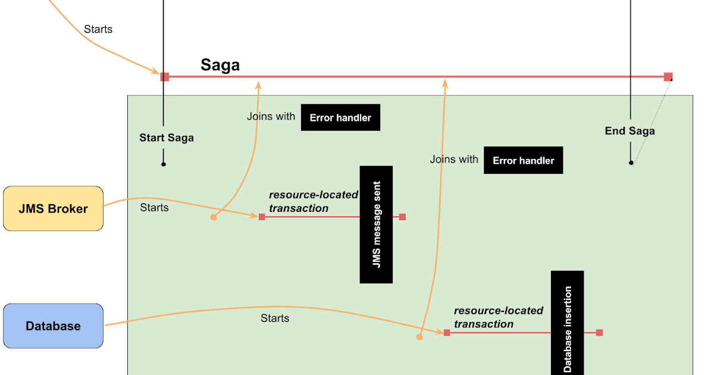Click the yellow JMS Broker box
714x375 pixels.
(53, 208)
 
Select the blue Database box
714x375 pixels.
(53, 326)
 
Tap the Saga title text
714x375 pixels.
(220, 65)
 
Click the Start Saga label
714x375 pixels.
(167, 137)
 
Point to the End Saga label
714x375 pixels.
(630, 131)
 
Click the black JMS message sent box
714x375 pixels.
(376, 224)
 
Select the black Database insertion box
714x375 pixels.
(567, 322)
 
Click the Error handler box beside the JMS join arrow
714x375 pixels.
(340, 118)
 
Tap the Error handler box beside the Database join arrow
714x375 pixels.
(523, 160)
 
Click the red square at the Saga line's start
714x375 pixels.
(165, 77)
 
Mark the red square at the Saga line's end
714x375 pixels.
(668, 77)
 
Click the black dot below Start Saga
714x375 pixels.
(164, 164)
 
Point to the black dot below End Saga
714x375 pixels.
(631, 162)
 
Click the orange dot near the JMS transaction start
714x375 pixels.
(214, 218)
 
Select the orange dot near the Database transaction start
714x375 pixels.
(419, 337)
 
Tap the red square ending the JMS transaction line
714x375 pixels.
(403, 217)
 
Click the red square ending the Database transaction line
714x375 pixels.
(599, 333)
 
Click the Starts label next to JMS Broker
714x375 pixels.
(154, 208)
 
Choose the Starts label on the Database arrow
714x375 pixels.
(275, 318)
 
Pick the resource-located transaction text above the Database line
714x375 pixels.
(498, 317)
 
